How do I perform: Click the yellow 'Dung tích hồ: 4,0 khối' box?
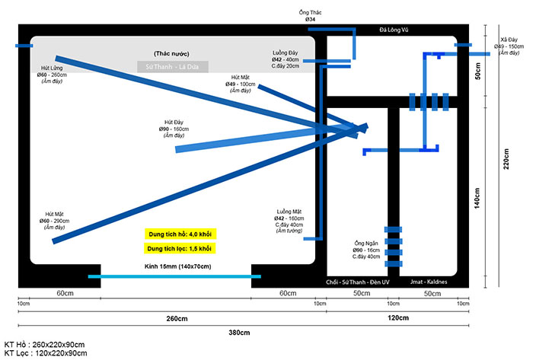[x=180, y=234]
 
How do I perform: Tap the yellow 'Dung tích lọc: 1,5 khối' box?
[x=180, y=248]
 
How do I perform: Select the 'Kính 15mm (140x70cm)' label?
[x=177, y=266]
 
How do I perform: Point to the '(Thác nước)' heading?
[x=171, y=54]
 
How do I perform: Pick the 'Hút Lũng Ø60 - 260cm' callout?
[x=53, y=75]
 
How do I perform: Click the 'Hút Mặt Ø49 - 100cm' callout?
[x=241, y=83]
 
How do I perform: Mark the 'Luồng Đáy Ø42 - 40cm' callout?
[x=286, y=59]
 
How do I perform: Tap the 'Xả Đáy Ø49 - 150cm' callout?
[x=510, y=44]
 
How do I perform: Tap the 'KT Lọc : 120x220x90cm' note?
[x=45, y=353]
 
